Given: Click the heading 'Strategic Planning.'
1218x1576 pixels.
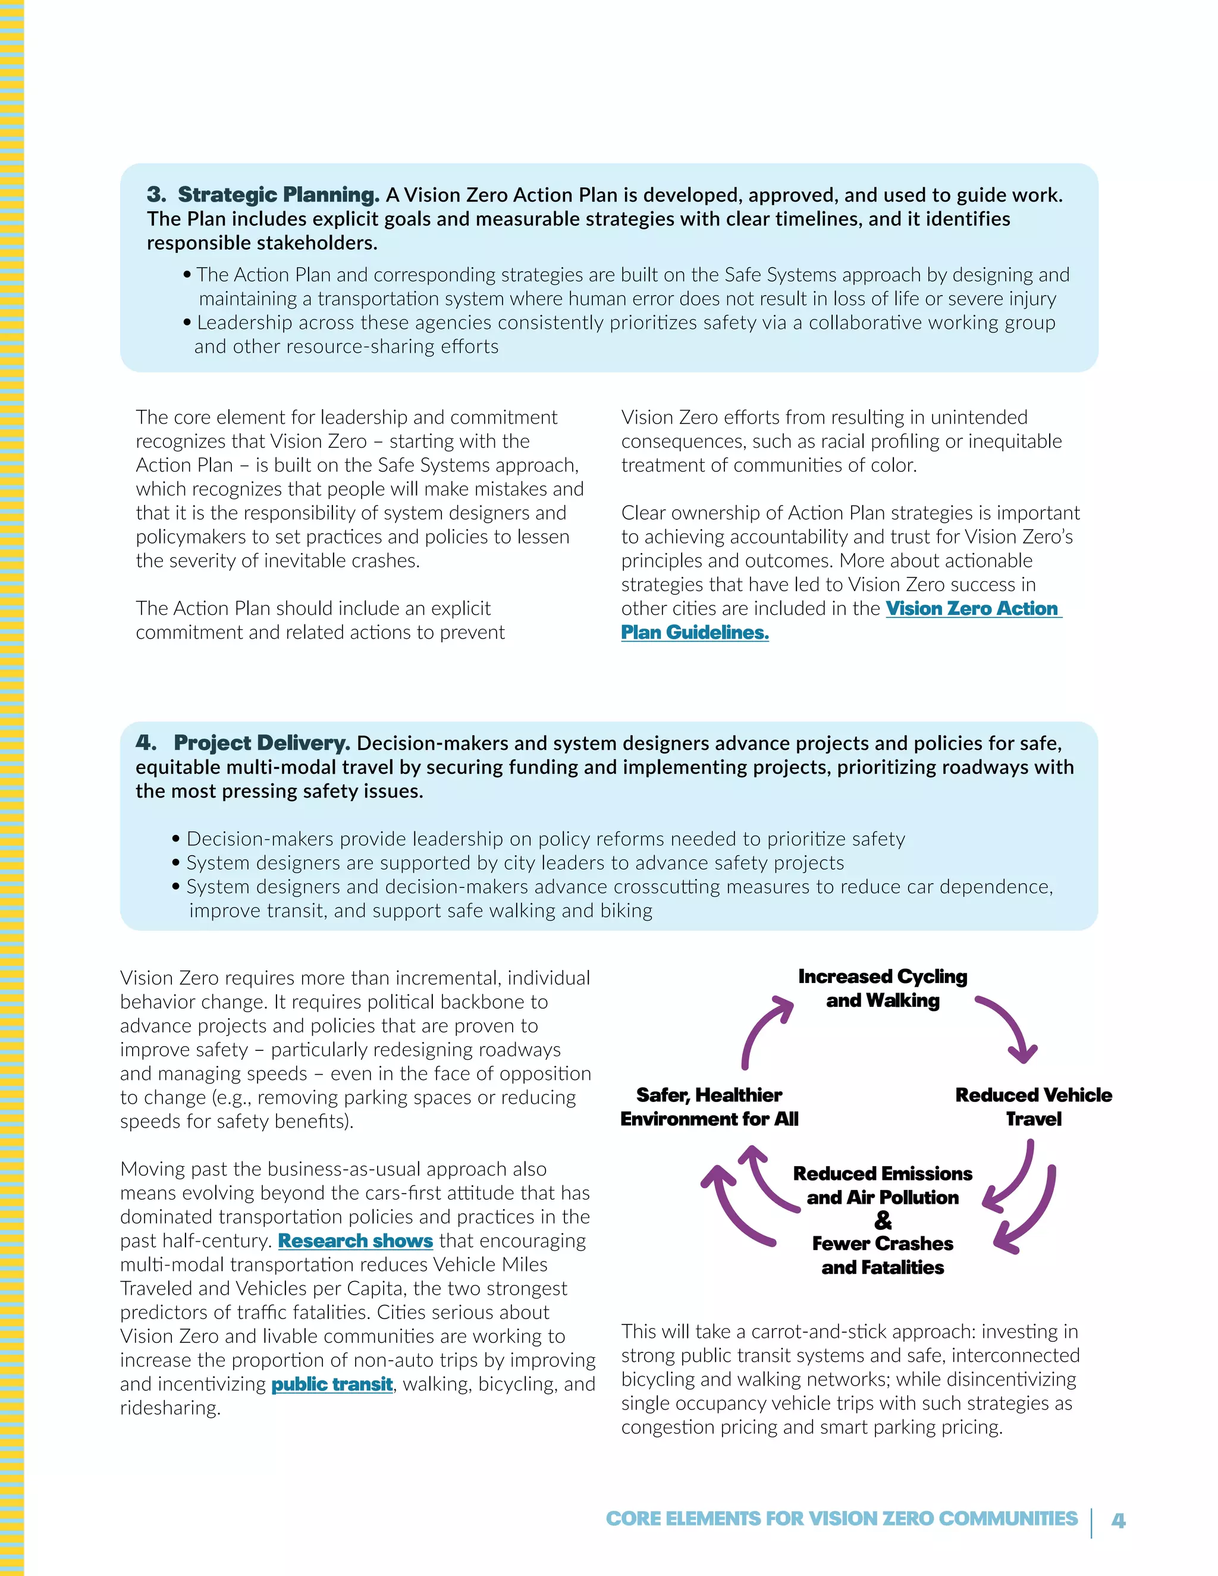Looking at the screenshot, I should click(278, 195).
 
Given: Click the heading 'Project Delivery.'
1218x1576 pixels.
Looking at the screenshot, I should click(262, 743).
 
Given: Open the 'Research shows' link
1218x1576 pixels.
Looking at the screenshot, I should click(355, 1241).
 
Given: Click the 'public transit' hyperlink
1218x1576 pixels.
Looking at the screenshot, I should click(332, 1384).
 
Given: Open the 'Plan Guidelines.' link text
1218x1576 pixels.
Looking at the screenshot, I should click(695, 633).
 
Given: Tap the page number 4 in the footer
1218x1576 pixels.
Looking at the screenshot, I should click(1117, 1521).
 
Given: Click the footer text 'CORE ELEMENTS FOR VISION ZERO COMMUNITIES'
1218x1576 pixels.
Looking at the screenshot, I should click(842, 1519).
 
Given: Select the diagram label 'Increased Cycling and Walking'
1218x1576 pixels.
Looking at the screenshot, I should click(883, 988).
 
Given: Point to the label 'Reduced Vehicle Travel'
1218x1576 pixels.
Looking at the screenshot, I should click(1033, 1107).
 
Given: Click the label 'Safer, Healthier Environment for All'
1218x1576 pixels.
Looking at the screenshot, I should click(710, 1107).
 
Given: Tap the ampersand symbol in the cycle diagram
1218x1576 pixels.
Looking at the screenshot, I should click(883, 1220).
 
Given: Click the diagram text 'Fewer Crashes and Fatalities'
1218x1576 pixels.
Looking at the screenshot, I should click(883, 1255).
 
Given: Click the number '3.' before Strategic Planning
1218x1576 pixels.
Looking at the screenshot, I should click(156, 195).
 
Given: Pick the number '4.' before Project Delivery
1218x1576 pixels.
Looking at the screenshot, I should click(146, 743).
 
